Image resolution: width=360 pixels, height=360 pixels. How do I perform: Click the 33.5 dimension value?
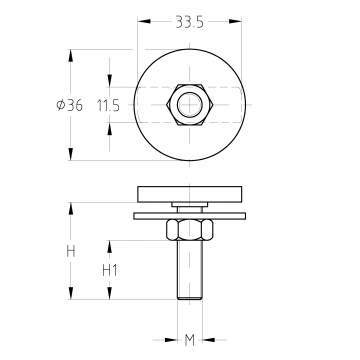[189, 22]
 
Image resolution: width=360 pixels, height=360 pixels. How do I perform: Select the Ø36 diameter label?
[69, 105]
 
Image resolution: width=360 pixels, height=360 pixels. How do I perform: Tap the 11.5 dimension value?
[108, 106]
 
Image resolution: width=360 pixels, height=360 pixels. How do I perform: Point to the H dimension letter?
[71, 251]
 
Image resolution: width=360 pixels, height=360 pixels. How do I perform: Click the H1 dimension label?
[110, 270]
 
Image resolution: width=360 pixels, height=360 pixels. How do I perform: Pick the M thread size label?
[189, 340]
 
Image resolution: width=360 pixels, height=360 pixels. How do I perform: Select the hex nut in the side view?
[190, 230]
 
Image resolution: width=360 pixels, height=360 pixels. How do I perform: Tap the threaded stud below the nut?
[190, 270]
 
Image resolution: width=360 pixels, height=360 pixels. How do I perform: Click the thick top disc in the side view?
[190, 194]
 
